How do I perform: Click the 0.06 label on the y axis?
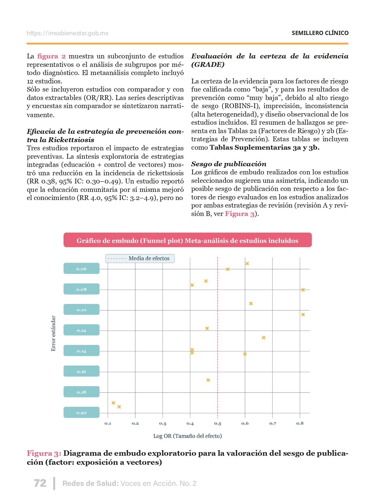[x=81, y=269]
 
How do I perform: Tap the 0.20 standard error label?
[x=81, y=413]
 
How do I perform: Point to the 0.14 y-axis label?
[x=81, y=351]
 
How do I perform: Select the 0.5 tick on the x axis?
[x=217, y=424]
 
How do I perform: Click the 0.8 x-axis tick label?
[x=300, y=423]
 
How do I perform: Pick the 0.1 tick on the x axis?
[x=108, y=424]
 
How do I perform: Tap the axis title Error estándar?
[x=53, y=333]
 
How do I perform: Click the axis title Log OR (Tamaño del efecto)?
[x=187, y=436]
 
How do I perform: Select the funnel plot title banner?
[x=187, y=240]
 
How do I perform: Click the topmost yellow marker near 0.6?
[x=247, y=264]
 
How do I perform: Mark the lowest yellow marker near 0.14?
[x=119, y=407]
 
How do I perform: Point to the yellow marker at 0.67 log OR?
[x=264, y=338]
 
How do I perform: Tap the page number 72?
[x=40, y=483]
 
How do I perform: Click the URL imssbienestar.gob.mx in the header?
[x=67, y=33]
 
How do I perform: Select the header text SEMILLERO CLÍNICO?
[x=320, y=33]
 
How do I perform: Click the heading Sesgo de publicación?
[x=229, y=164]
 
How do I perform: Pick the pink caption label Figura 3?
[x=44, y=453]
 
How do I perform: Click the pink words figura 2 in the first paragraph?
[x=51, y=56]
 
